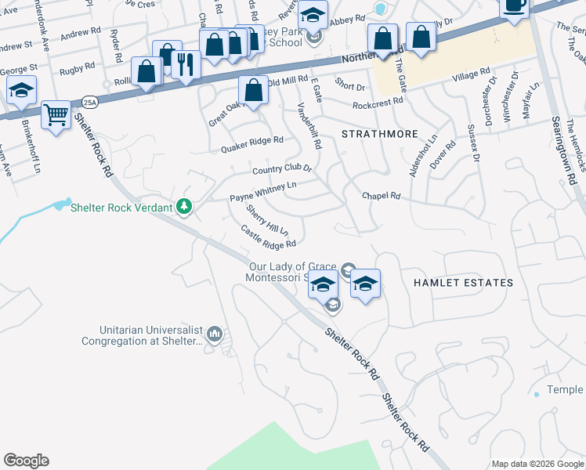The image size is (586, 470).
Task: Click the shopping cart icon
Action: coord(56,115)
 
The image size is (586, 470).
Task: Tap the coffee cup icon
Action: coord(515,5)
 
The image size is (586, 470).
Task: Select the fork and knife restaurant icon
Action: coord(185,64)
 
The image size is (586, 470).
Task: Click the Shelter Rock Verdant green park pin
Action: coord(184,207)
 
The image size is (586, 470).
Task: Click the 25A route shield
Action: coord(90,101)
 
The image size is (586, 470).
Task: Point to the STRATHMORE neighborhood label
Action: coord(380,134)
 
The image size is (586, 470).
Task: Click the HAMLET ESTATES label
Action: coord(462,282)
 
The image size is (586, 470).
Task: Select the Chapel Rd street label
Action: coord(381,196)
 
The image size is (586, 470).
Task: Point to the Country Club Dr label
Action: coord(281,169)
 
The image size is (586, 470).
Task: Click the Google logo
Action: coord(26,461)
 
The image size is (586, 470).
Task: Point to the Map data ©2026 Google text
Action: coord(537,464)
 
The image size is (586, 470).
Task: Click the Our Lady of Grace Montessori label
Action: coord(294,272)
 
